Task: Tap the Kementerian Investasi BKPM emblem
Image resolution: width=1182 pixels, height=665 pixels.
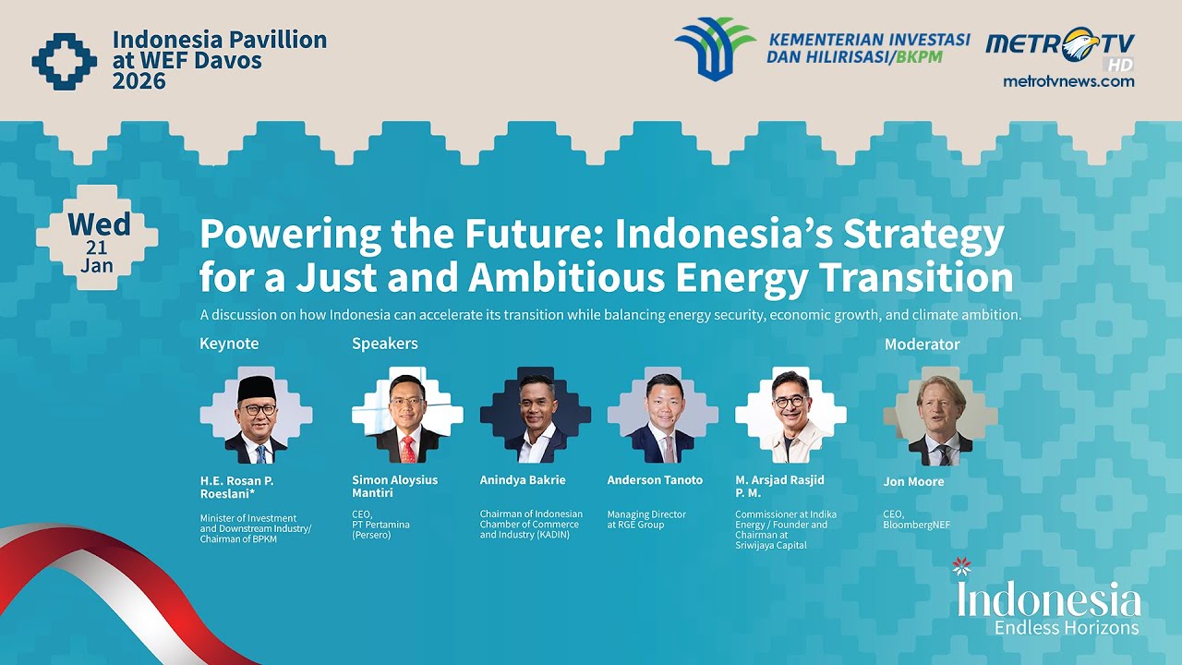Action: (x=714, y=49)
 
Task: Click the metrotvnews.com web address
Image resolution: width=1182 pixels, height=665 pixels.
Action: (x=1068, y=81)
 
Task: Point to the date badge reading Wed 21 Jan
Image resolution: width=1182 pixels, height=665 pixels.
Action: (x=97, y=238)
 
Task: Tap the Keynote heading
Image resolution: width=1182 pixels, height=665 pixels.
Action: (x=229, y=344)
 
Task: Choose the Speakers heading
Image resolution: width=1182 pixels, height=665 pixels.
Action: (x=384, y=344)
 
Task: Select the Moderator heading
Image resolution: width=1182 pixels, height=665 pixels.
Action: (x=922, y=345)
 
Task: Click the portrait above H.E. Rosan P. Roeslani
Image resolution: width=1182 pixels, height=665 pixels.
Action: (x=256, y=416)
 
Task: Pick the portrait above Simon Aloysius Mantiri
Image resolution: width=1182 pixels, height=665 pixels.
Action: (x=407, y=416)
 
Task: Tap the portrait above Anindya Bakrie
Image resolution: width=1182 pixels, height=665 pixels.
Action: (x=536, y=416)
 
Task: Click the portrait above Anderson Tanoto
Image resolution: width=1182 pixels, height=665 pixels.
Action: (x=662, y=416)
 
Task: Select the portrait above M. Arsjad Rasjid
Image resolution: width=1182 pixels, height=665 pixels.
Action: (x=790, y=416)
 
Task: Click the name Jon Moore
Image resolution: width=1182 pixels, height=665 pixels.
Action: (x=913, y=481)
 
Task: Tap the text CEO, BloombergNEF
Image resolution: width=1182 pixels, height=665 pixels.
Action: (x=916, y=519)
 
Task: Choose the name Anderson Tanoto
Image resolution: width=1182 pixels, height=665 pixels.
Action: (x=655, y=480)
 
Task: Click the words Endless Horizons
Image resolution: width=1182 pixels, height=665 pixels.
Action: (x=1066, y=628)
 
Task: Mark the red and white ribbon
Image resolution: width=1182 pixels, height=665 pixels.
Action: (x=111, y=582)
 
